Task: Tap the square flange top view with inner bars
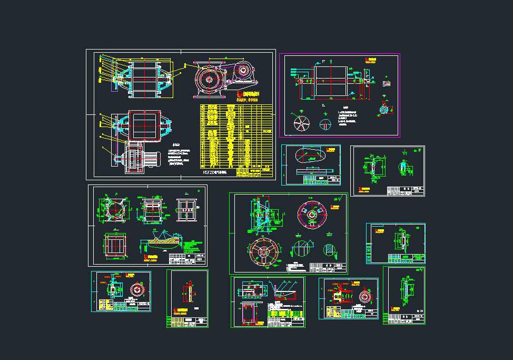pyautogui.click(x=116, y=246)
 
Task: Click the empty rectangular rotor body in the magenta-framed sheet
pyautogui.click(x=330, y=81)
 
